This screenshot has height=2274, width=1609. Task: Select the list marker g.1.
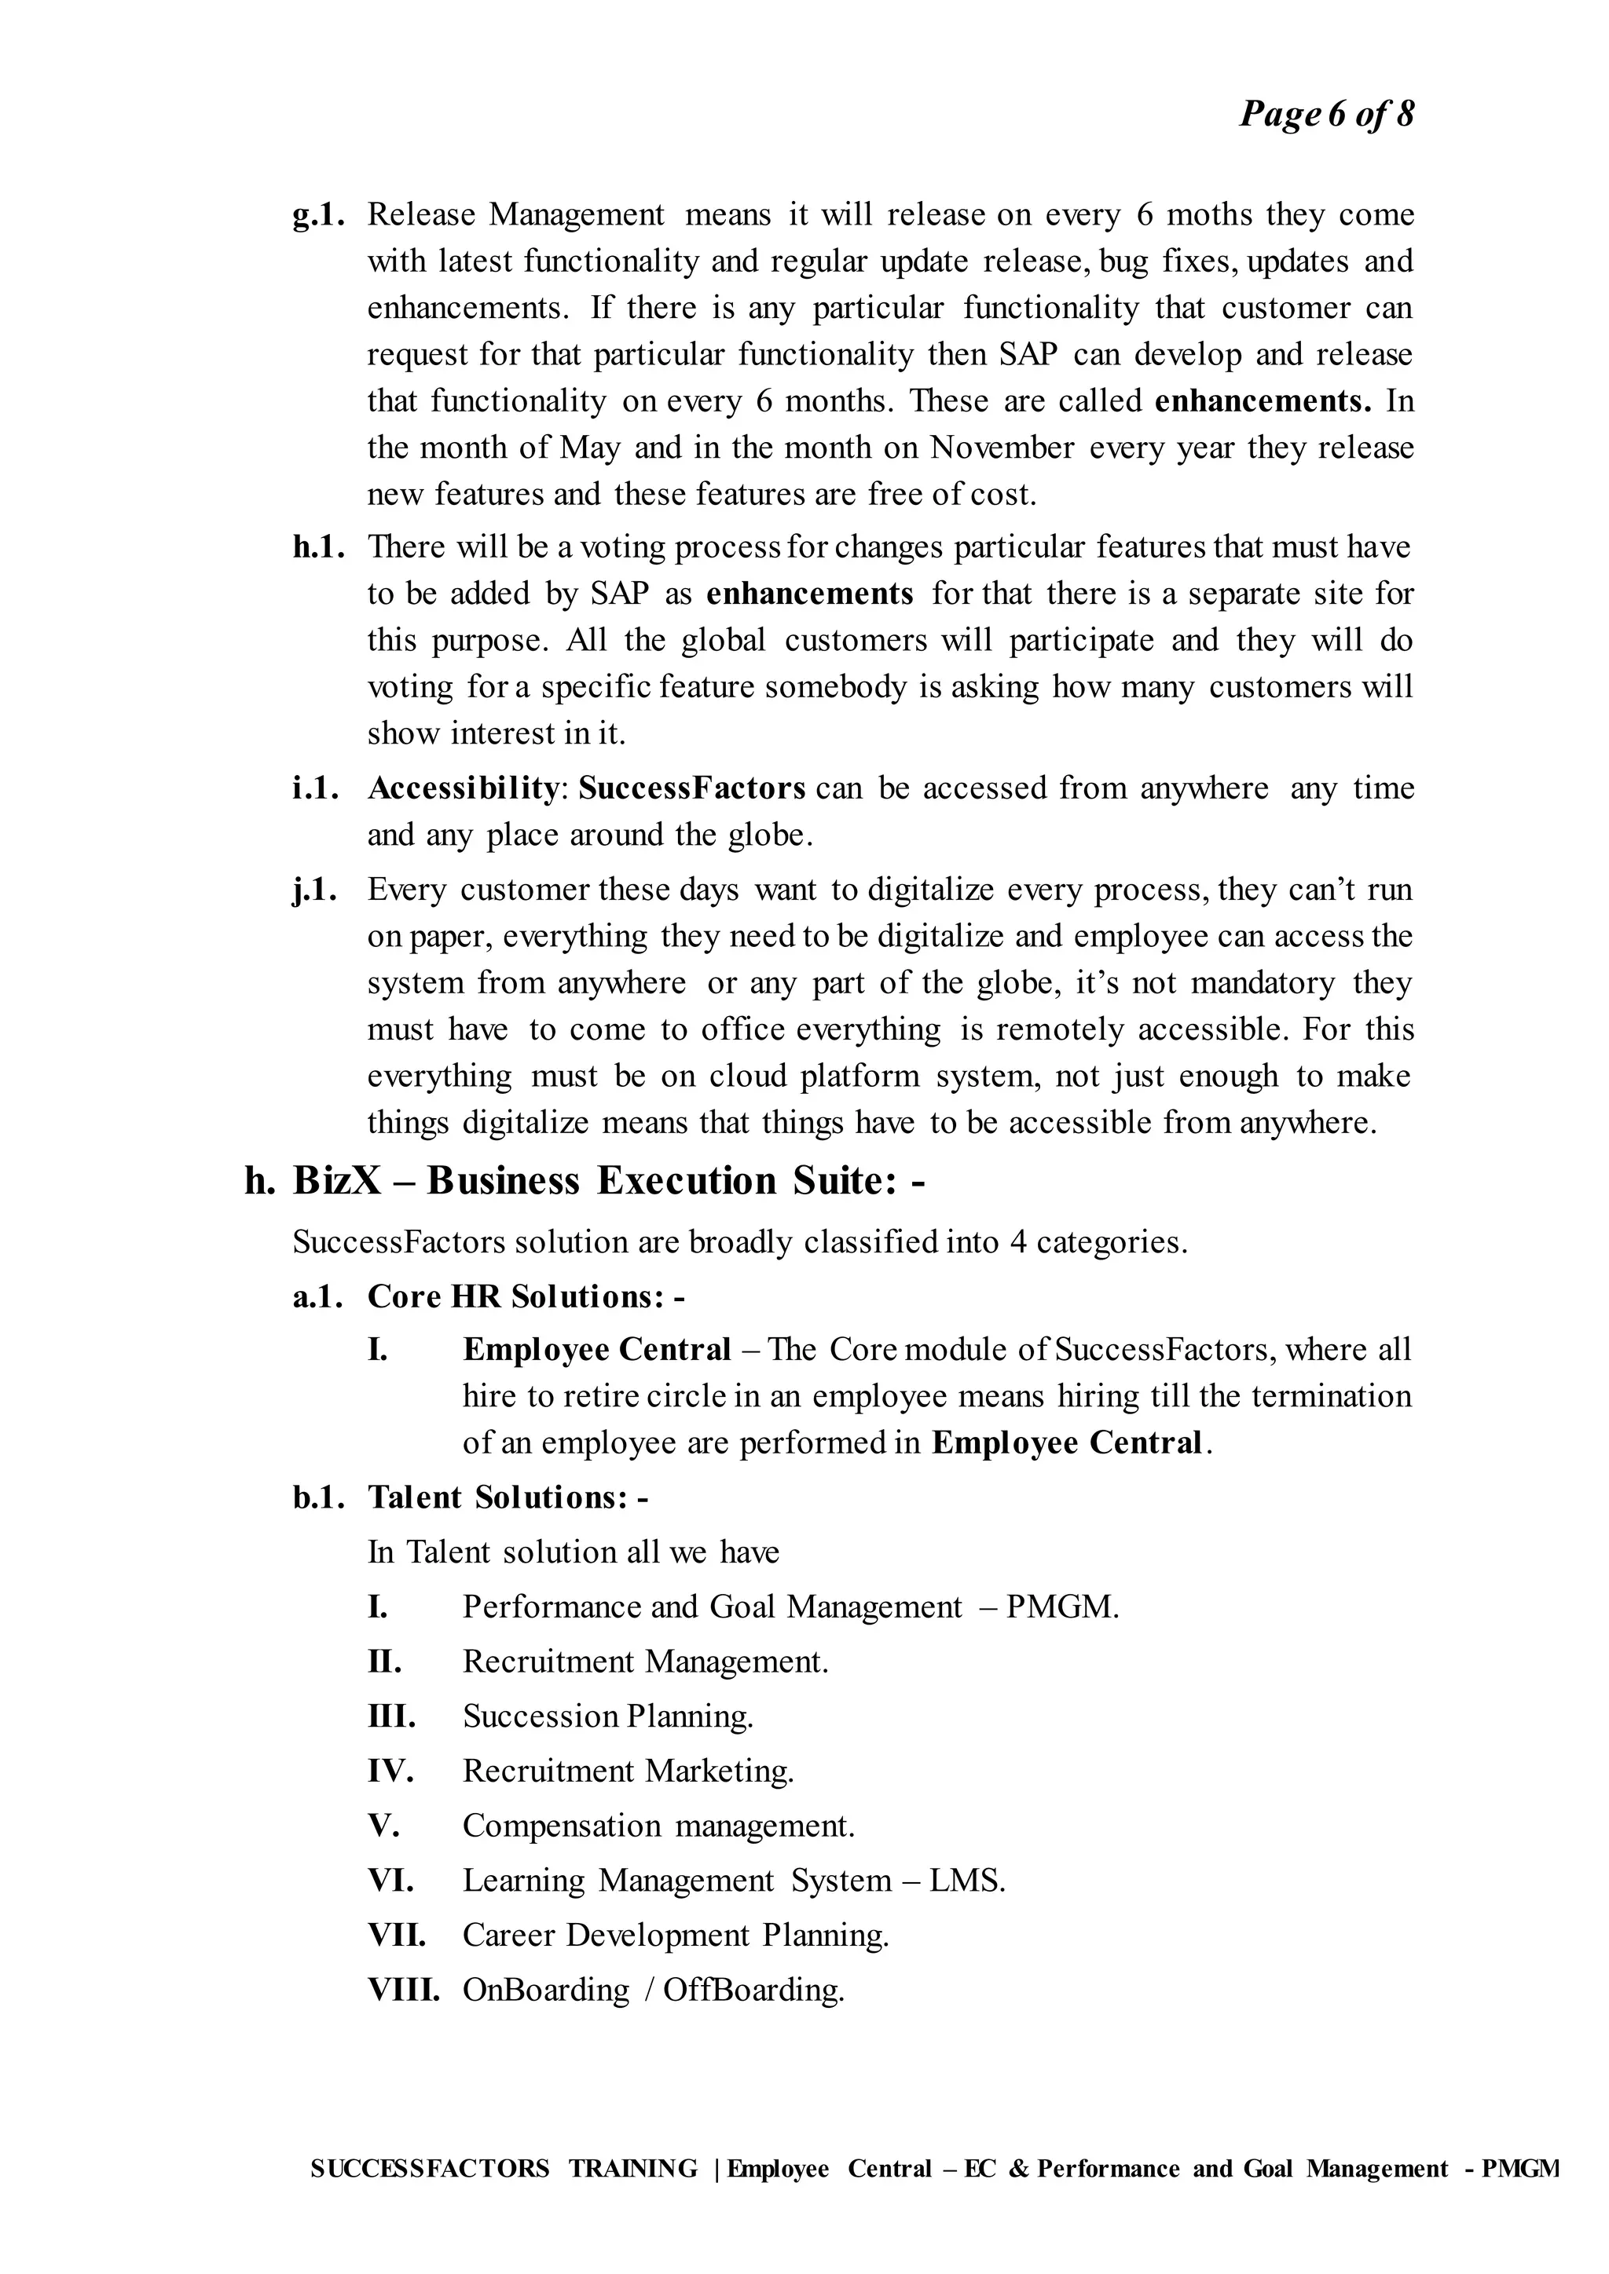(318, 215)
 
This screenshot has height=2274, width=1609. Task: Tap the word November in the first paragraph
(1002, 448)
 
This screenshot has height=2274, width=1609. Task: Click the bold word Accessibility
(464, 788)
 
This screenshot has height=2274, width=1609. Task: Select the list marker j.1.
(315, 890)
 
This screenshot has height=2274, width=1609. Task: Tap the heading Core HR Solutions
(525, 1296)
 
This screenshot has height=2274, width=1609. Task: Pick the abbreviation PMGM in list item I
(1061, 1607)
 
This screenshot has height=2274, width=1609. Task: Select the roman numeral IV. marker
(390, 1770)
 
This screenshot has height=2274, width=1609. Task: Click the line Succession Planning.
(607, 1716)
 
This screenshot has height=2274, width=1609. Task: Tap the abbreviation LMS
(966, 1880)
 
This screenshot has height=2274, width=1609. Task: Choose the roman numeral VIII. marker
(402, 1989)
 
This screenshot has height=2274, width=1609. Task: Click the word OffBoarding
(753, 1989)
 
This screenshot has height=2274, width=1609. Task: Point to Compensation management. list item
(658, 1826)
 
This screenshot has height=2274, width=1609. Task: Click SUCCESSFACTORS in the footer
(429, 2169)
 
